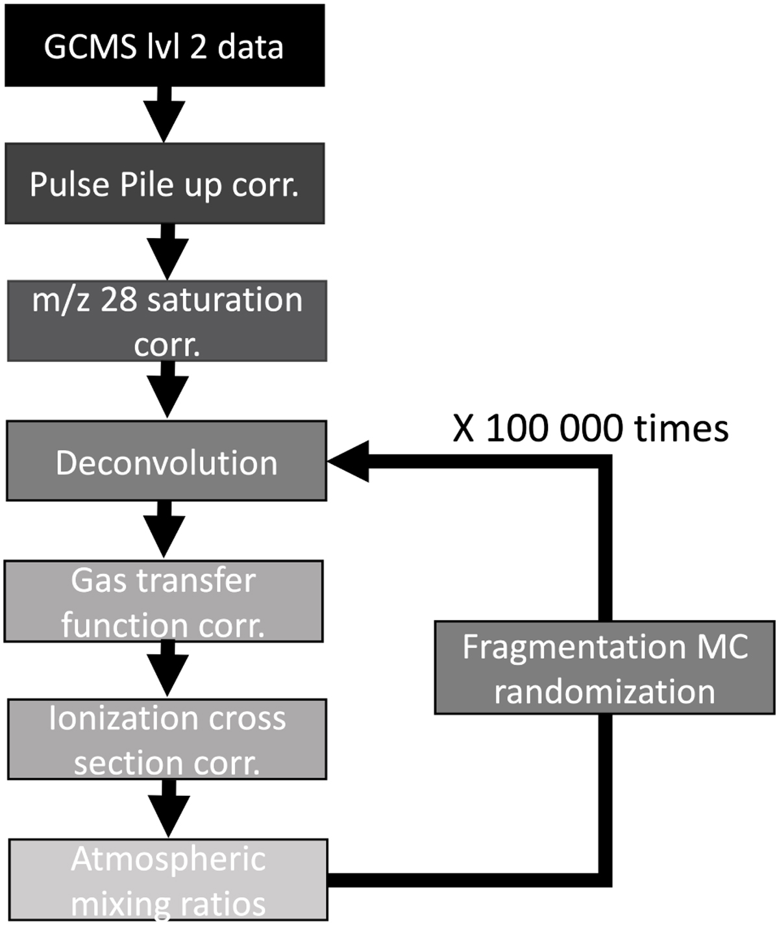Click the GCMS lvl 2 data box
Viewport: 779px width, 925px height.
164,45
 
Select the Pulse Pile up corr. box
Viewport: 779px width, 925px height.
164,184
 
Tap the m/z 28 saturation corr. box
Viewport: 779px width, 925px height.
167,321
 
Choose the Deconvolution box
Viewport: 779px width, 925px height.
166,461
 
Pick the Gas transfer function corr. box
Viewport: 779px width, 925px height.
164,602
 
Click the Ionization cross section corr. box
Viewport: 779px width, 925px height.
167,739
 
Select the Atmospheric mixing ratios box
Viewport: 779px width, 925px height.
168,880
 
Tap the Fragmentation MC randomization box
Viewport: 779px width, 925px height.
604,668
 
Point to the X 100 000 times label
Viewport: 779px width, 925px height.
590,428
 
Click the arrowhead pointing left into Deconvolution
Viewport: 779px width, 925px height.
349,462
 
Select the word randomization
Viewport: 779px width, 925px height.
604,691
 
